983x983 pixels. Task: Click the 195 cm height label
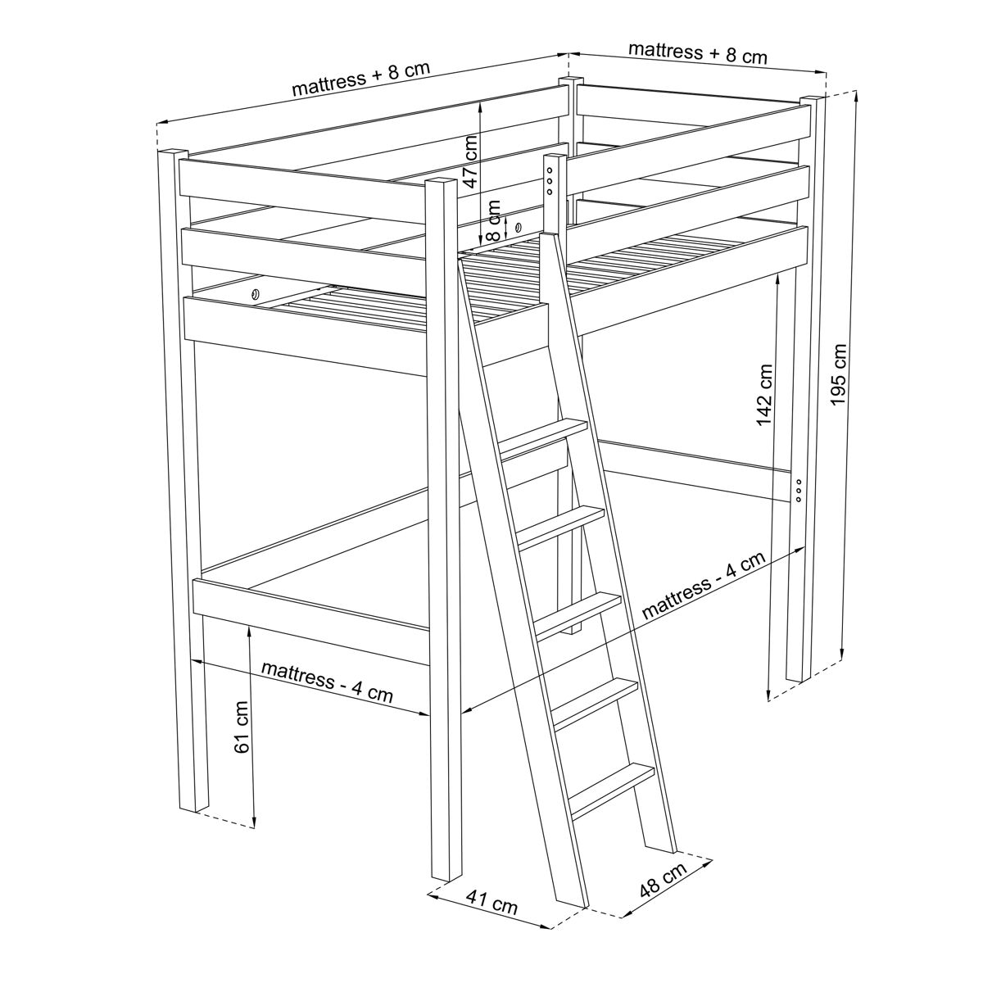(839, 375)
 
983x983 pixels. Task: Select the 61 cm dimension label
(242, 727)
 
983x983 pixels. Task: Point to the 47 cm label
(470, 161)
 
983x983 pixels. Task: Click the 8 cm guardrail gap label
(493, 220)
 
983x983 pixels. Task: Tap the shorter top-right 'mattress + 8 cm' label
(697, 53)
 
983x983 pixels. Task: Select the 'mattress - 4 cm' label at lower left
(327, 682)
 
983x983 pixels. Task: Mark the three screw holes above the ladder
(550, 180)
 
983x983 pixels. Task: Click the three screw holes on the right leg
(799, 489)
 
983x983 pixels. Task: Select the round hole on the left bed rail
(254, 294)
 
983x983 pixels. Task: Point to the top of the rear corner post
(571, 80)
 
